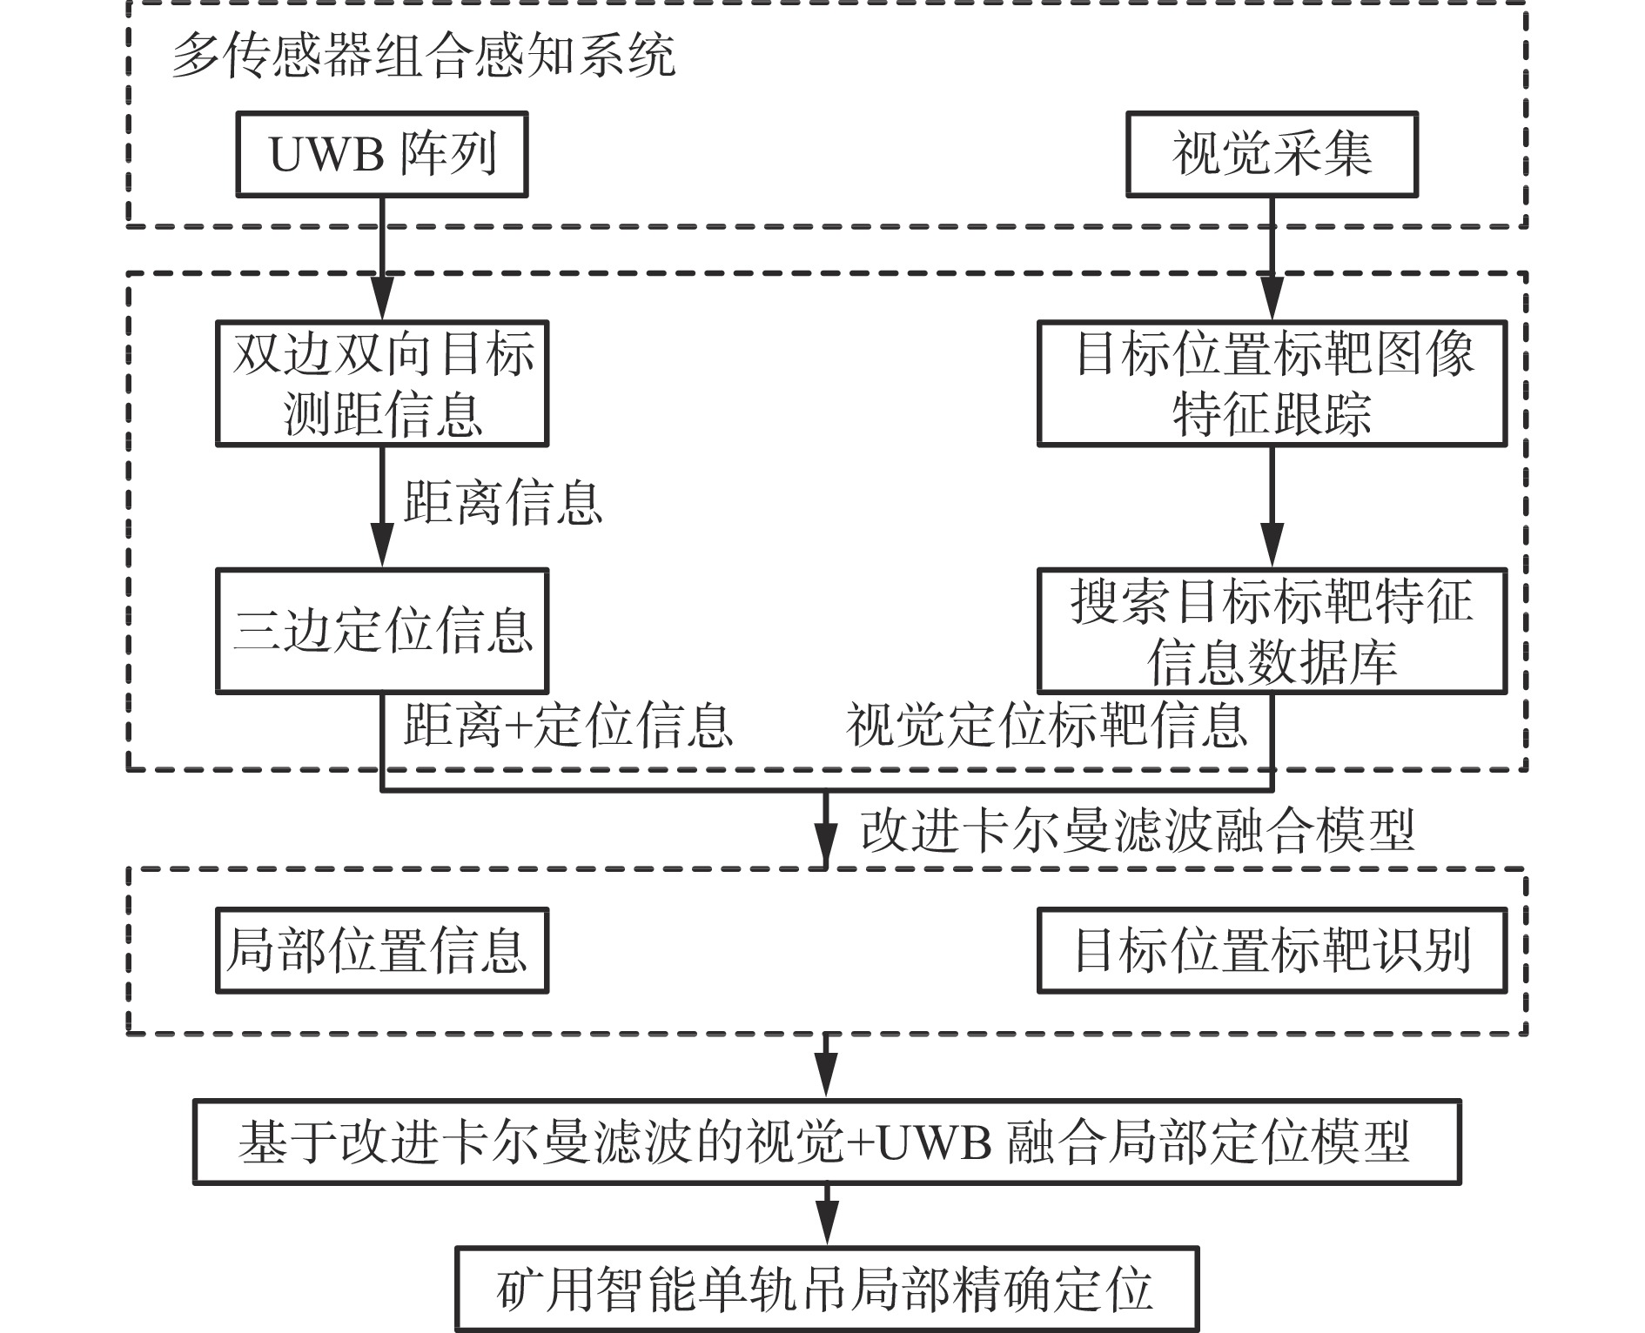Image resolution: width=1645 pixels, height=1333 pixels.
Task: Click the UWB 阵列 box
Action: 382,154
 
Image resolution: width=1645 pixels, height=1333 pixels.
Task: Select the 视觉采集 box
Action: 1272,154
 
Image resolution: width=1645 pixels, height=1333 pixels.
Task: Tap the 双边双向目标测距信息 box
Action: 382,384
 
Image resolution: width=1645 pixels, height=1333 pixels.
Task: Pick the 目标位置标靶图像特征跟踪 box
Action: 1272,384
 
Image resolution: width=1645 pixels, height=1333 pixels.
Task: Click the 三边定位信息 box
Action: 382,631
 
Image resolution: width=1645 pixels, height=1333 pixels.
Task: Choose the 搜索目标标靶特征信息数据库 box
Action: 1272,631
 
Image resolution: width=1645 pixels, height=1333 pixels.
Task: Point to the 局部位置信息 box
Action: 382,950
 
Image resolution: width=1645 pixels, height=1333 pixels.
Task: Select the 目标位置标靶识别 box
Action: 1272,950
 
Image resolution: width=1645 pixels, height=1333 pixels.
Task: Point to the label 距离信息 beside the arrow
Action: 503,502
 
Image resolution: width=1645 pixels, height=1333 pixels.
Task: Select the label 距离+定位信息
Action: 567,725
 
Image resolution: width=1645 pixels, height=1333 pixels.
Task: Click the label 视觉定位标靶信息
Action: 1047,725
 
